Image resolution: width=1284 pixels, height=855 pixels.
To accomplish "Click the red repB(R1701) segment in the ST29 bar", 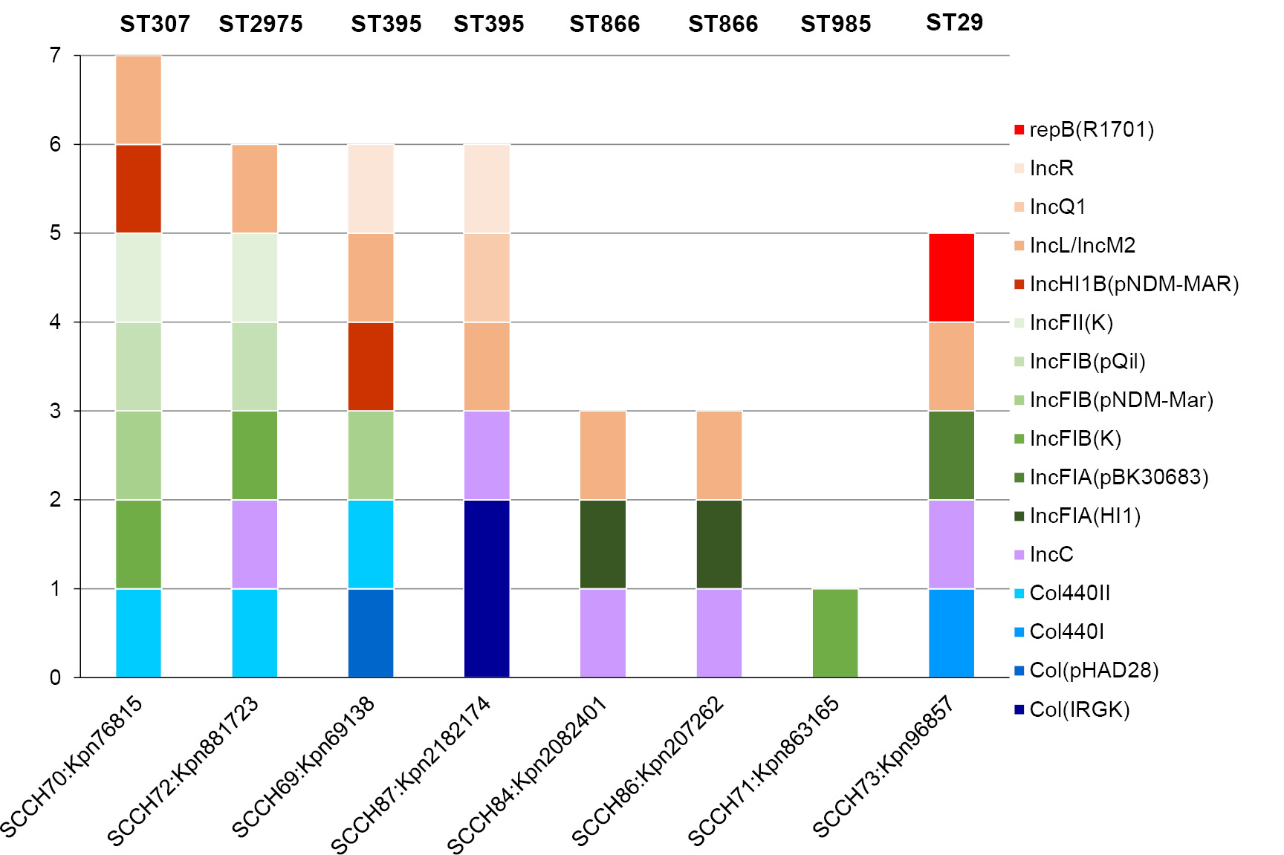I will click(951, 278).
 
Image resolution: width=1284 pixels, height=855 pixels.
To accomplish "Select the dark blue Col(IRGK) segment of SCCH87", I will click(487, 588).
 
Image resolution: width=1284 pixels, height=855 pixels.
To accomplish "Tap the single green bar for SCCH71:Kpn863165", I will click(835, 633).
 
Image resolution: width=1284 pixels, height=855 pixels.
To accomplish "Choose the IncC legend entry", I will click(1051, 554).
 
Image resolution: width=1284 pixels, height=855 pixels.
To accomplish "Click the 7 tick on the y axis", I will click(56, 56).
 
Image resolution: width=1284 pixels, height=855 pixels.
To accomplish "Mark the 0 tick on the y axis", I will click(56, 677).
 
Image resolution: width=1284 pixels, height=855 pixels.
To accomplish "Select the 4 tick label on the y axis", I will click(56, 322).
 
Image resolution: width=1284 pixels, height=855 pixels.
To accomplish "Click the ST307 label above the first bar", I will click(155, 24).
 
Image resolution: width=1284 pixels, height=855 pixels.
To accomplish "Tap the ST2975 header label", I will click(261, 24).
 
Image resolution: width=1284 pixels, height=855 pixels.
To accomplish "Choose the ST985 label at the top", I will click(835, 24).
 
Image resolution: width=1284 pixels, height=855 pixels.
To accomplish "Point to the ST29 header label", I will click(954, 22).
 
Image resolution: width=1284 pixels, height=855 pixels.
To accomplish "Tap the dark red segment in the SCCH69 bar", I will click(371, 366).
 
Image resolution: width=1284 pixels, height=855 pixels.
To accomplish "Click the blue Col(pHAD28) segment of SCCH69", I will click(371, 633).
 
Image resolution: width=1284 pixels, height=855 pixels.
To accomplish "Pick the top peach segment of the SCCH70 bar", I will click(138, 100).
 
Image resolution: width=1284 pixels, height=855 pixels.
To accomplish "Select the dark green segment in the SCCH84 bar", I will click(603, 544).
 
